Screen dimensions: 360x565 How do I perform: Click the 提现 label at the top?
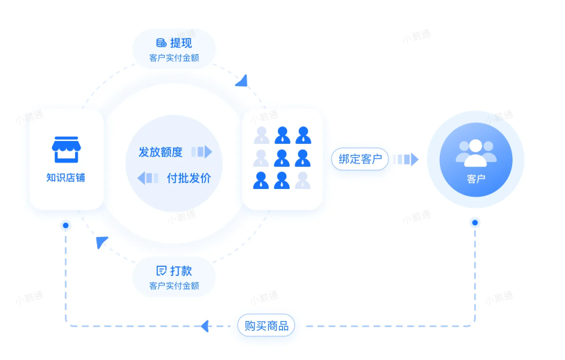(181, 43)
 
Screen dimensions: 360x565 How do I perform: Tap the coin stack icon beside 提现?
(161, 43)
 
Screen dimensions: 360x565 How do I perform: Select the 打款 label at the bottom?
(181, 270)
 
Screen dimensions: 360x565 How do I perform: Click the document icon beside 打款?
(161, 270)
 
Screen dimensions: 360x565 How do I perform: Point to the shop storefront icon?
(66, 149)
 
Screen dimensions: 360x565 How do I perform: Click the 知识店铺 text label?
(66, 178)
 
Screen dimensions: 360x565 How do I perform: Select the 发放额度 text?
(161, 152)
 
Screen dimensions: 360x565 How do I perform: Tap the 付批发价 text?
(188, 178)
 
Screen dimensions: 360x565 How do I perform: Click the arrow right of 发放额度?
(202, 152)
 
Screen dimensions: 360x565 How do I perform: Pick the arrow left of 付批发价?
(147, 178)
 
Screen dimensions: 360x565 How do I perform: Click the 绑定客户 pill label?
(360, 159)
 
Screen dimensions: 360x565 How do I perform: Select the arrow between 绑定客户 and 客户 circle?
(405, 159)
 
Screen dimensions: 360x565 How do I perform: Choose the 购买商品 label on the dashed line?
(266, 325)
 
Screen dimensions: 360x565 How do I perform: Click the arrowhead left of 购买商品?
(204, 325)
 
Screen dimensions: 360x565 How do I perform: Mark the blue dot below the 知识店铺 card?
(66, 226)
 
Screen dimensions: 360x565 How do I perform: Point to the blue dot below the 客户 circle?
(475, 222)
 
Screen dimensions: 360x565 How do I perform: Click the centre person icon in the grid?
(282, 157)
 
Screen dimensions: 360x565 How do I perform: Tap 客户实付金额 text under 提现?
(174, 58)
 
